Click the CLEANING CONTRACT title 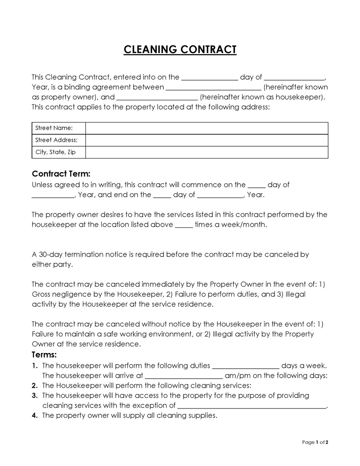(180, 49)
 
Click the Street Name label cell (54, 128)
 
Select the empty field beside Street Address (207, 140)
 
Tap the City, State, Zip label (56, 152)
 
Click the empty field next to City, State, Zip (207, 152)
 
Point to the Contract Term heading (61, 174)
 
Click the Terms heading (44, 355)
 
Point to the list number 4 (35, 416)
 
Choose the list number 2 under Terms (35, 385)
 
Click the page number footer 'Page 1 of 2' (315, 442)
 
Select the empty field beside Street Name (207, 128)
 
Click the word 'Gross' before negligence (41, 294)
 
